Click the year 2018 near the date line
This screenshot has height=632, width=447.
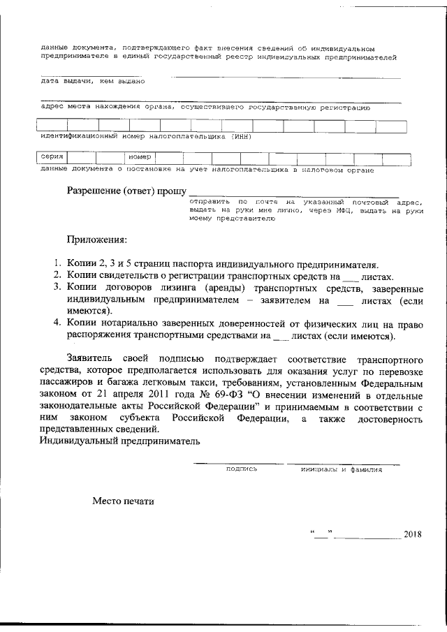tap(413, 535)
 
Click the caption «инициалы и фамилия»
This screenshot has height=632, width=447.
tap(342, 469)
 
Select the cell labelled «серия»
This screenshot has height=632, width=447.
tap(53, 157)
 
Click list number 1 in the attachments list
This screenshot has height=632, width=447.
tap(58, 265)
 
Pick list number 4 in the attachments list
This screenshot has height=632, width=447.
tap(58, 323)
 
